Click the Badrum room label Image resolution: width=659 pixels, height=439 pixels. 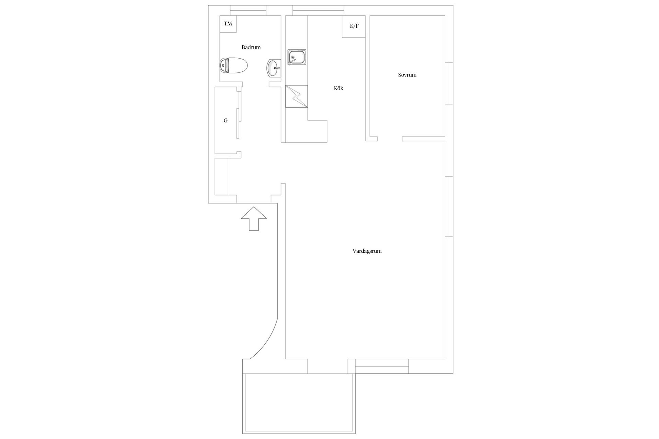click(x=251, y=47)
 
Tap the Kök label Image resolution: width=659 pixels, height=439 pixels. click(x=338, y=88)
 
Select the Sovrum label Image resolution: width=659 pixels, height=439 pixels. click(x=407, y=75)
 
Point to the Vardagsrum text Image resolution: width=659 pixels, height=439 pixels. click(x=367, y=251)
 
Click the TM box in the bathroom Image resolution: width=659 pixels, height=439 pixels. click(x=228, y=24)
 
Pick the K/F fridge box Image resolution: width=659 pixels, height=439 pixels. click(x=354, y=26)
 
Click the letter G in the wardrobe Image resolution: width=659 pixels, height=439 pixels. click(x=226, y=121)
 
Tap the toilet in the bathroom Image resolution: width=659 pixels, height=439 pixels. click(x=233, y=65)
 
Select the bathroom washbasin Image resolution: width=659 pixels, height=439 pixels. click(x=274, y=68)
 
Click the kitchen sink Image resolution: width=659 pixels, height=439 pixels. click(x=297, y=57)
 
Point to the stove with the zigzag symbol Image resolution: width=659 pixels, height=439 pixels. click(x=297, y=96)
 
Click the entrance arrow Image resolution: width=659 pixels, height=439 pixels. click(x=254, y=218)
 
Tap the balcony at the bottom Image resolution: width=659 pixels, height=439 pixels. click(x=299, y=404)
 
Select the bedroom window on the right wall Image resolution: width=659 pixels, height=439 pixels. click(x=449, y=83)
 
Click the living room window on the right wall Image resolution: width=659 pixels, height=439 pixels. click(x=449, y=206)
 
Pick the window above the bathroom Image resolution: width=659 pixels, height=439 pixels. click(x=248, y=10)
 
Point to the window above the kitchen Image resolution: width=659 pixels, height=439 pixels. click(x=319, y=10)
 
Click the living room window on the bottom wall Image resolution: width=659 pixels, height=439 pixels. click(x=382, y=366)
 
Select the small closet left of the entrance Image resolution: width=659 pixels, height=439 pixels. click(x=221, y=177)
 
